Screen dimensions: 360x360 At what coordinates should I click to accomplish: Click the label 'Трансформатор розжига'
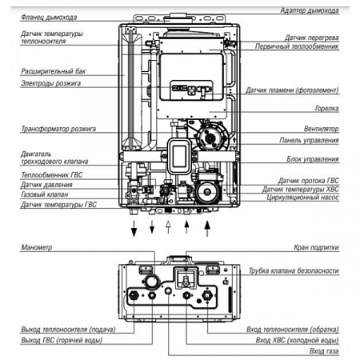[58, 128]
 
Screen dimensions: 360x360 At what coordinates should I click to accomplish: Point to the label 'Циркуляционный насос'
[300, 198]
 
